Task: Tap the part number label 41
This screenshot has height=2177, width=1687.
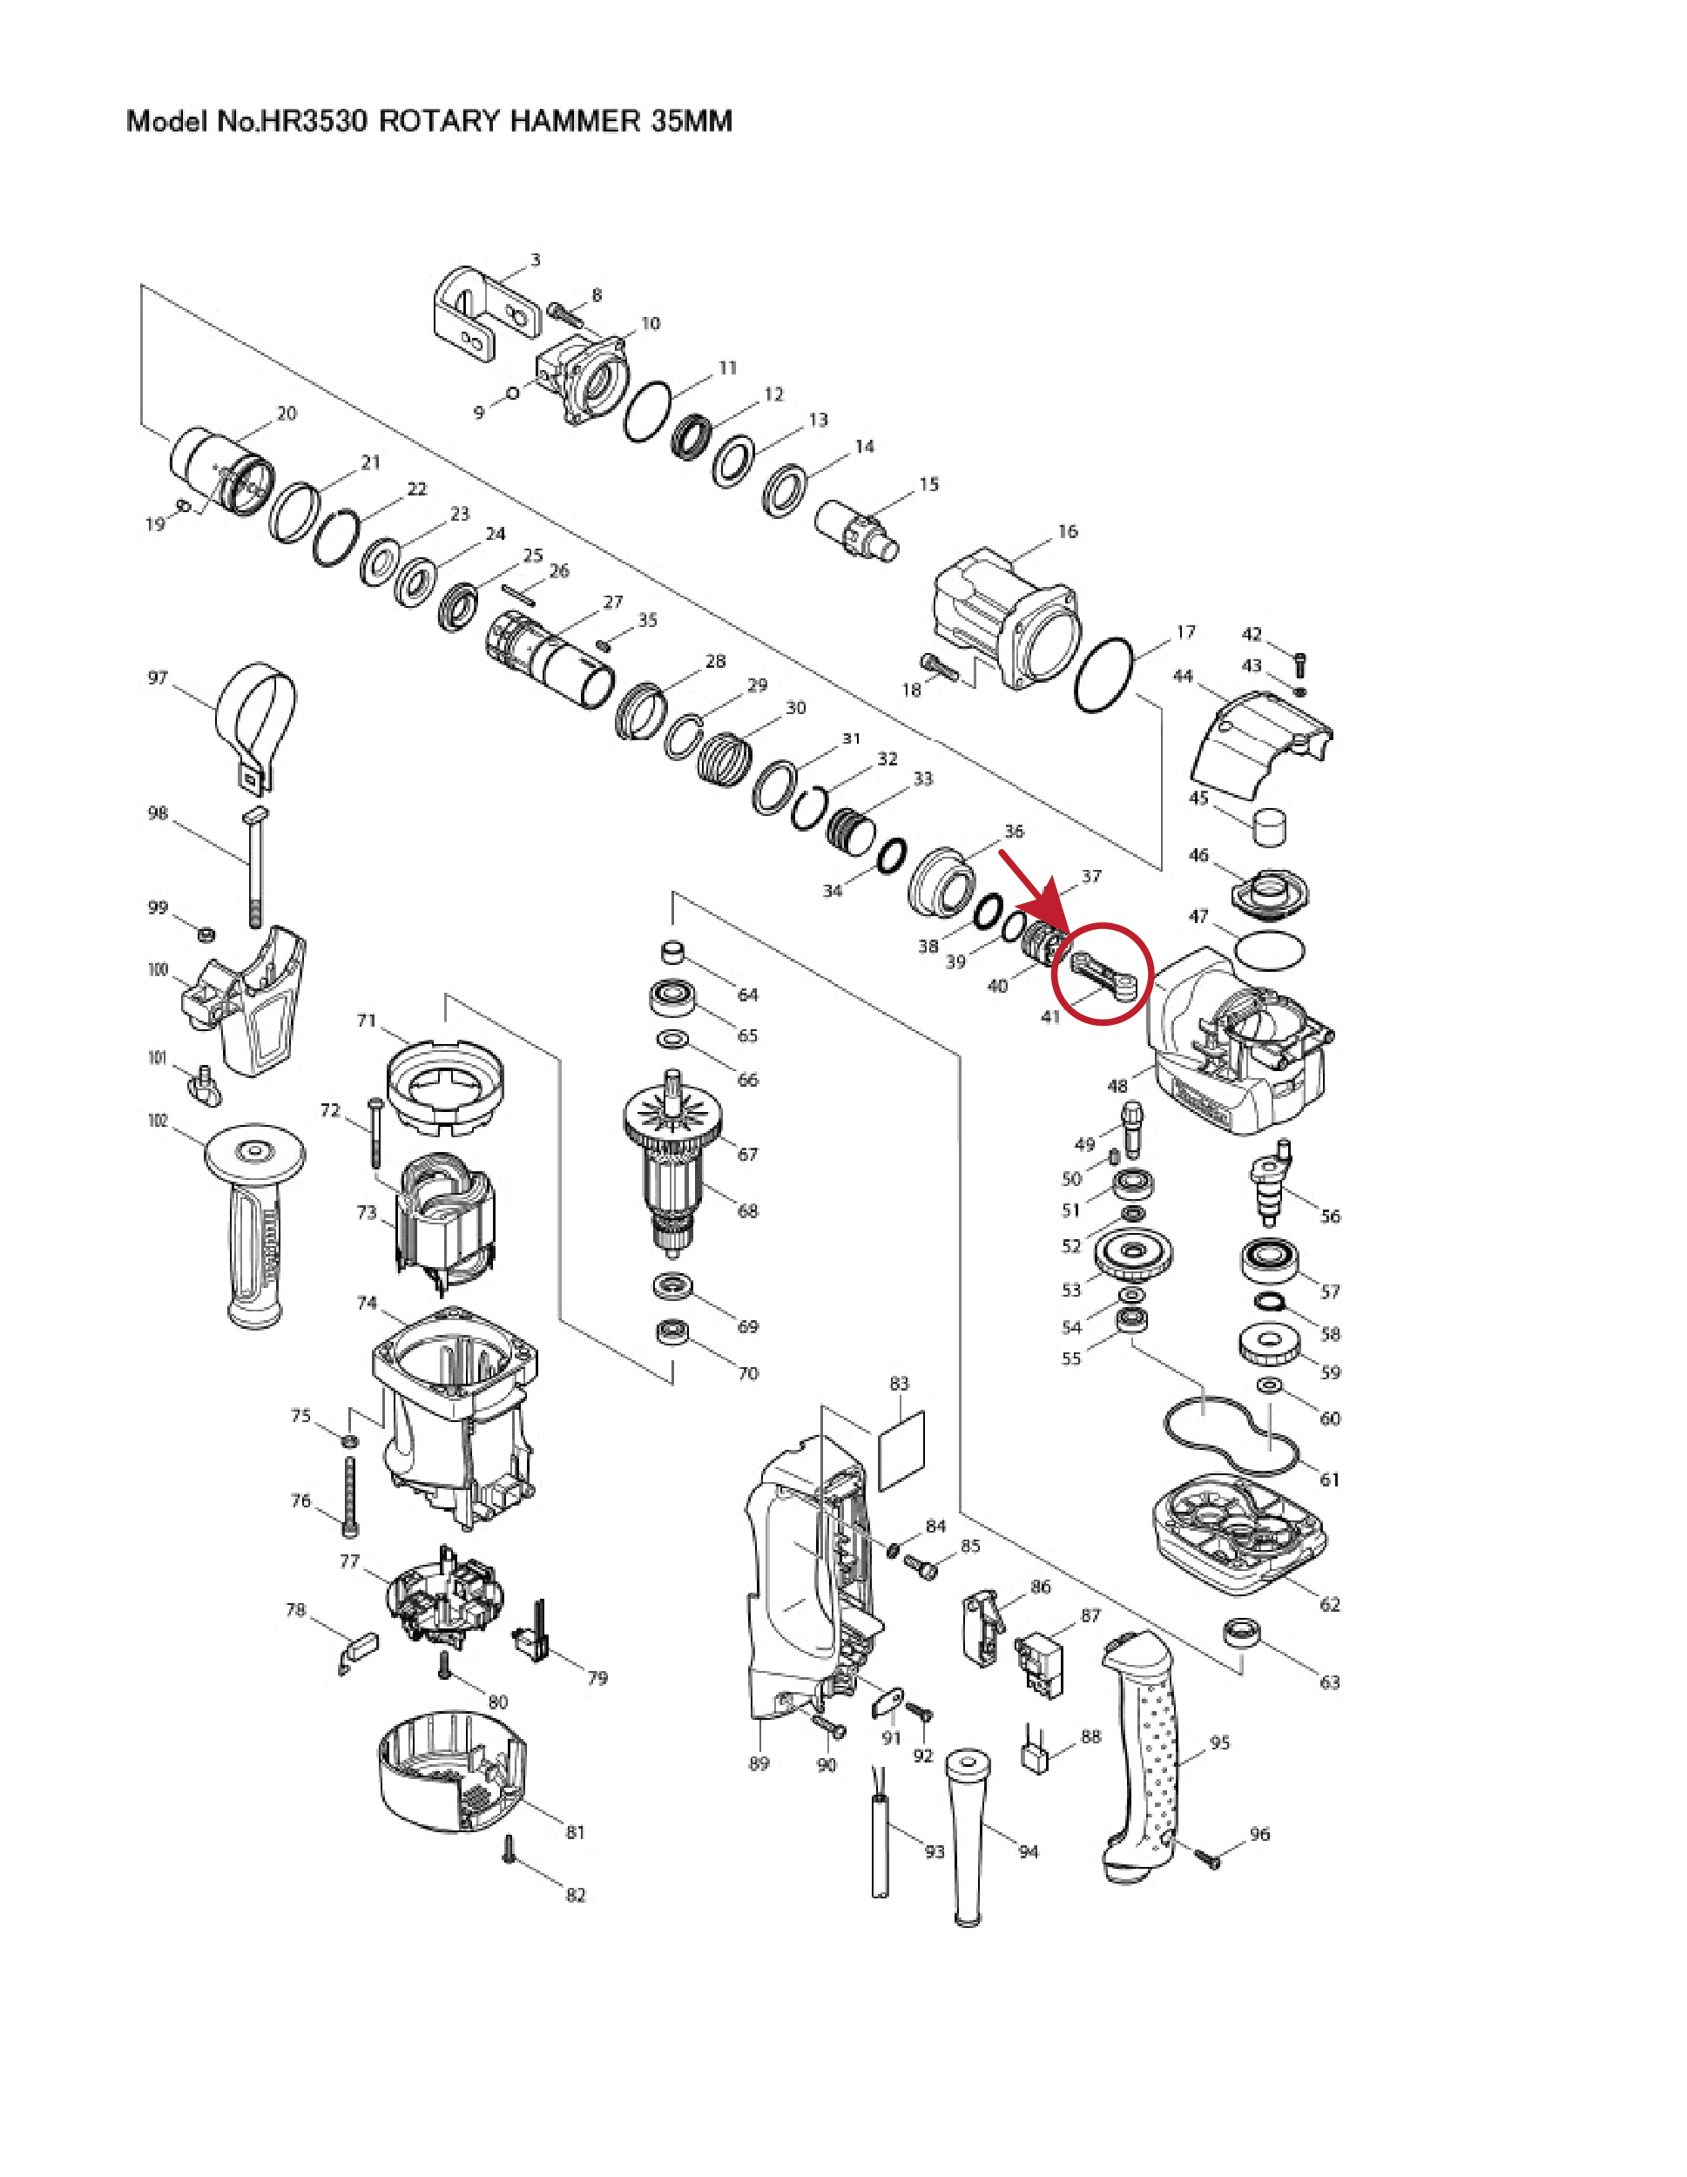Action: pos(1049,1017)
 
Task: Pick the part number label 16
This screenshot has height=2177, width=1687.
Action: pos(1068,531)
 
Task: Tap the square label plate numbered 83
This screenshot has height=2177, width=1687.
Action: pos(901,1451)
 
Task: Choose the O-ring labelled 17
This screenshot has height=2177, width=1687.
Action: pos(1104,675)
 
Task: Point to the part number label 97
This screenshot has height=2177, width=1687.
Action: pos(158,677)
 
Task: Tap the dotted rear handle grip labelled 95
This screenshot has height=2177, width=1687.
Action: pos(1144,1758)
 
